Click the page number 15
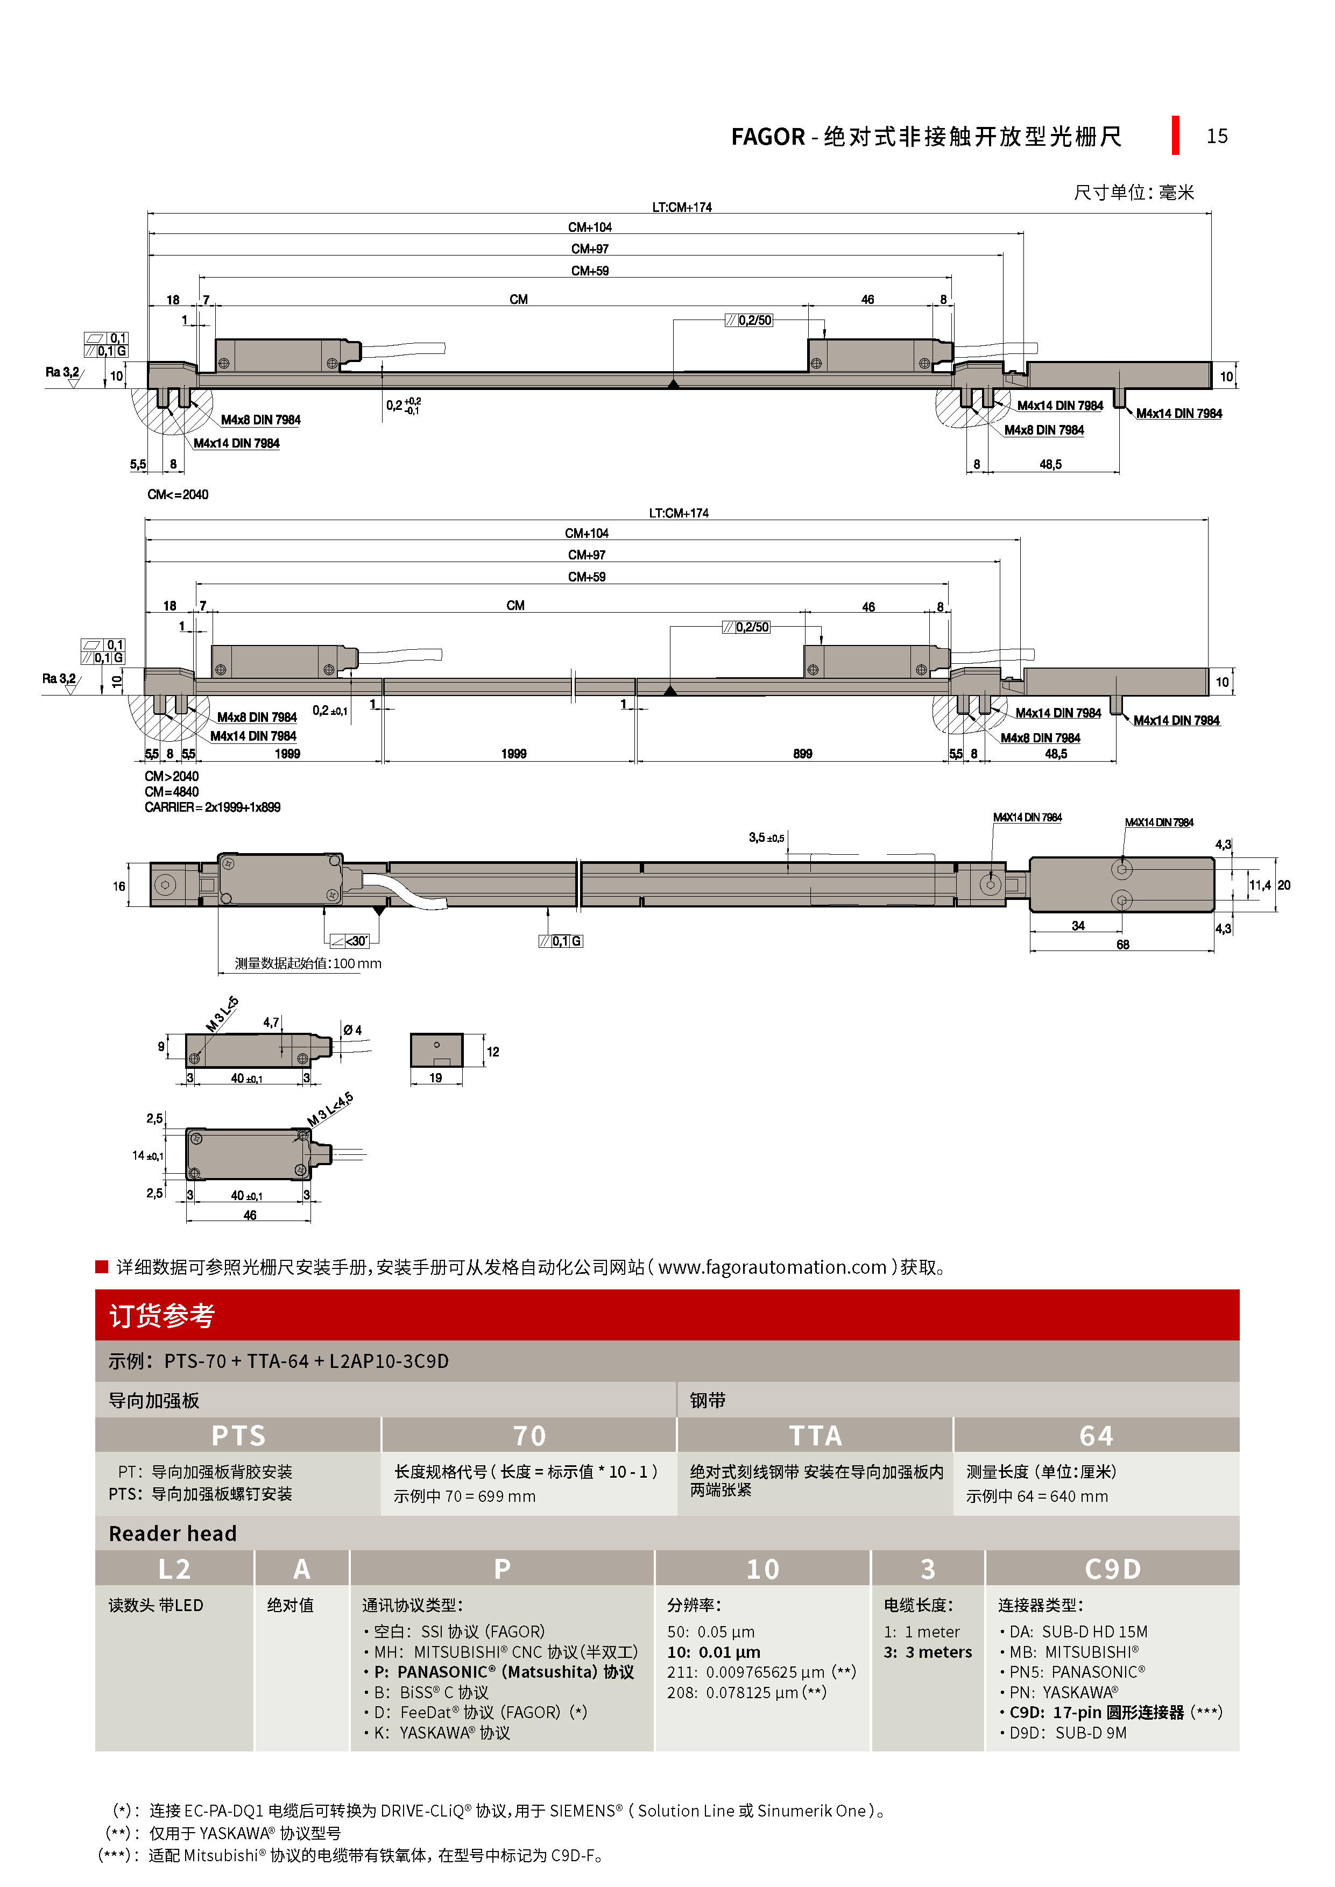tap(1217, 137)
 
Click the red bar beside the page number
tap(1176, 136)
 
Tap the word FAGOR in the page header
tap(768, 137)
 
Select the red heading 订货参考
tap(162, 1316)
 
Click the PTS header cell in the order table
tap(238, 1436)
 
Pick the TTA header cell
tap(815, 1436)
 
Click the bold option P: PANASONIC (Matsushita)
tap(503, 1672)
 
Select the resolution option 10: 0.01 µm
tap(714, 1652)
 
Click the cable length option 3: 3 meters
tap(927, 1652)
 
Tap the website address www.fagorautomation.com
tap(772, 1267)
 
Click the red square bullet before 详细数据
tap(102, 1266)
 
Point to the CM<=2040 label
tap(178, 495)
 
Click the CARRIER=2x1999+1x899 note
tap(212, 807)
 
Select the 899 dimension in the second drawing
tap(802, 754)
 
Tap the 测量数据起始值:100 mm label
tap(307, 963)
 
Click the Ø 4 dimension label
tap(352, 1030)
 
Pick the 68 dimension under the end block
tap(1122, 945)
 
